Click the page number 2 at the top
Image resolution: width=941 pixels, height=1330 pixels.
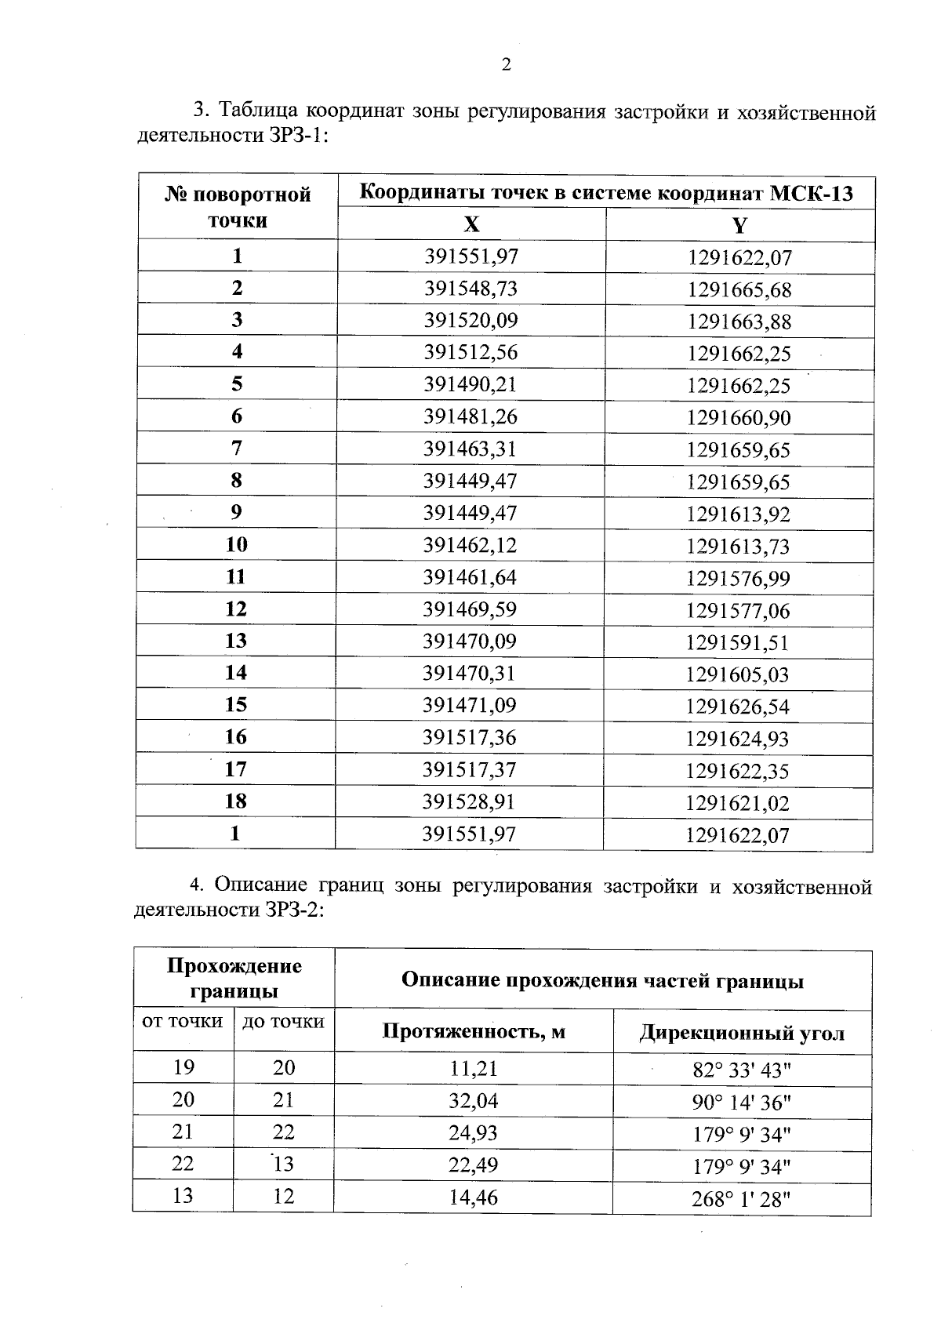coord(506,65)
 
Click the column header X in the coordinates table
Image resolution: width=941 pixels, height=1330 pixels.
coord(471,226)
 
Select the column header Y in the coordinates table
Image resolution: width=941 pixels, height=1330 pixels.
coord(739,227)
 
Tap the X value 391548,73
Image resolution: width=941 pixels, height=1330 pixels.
coord(471,289)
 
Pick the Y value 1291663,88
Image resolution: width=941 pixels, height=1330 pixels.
coord(739,322)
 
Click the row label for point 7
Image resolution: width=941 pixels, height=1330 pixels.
coord(237,449)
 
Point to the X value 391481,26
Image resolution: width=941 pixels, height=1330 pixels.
coord(471,417)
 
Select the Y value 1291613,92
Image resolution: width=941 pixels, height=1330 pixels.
coord(739,514)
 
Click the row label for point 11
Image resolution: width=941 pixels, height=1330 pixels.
coord(236,577)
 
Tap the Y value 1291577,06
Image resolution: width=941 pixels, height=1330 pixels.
coord(739,611)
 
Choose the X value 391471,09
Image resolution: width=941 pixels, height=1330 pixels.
coord(470,706)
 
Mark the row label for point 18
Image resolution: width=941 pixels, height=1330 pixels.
coord(235,801)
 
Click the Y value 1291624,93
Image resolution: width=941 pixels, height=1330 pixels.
coord(738,739)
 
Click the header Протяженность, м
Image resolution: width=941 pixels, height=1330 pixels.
coord(474,1031)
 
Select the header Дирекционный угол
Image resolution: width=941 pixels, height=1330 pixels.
coord(742,1033)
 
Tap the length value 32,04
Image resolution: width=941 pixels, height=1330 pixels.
coord(474,1101)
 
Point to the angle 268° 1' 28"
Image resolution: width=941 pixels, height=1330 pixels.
coord(742,1199)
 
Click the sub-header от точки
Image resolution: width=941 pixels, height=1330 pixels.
coord(183,1022)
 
